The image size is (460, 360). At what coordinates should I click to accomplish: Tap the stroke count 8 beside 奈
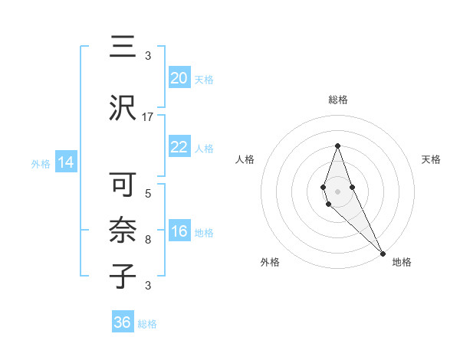pos(148,240)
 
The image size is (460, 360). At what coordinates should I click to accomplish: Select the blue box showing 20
pos(179,78)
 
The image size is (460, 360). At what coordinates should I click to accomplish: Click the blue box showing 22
pos(179,147)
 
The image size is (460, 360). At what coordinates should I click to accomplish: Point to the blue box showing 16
pos(179,231)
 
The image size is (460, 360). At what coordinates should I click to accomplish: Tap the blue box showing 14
pos(65,162)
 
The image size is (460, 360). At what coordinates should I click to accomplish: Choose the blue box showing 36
pos(122,322)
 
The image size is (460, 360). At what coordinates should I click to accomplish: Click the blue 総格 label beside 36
pos(147,324)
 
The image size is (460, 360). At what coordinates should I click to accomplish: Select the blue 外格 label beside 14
pos(40,163)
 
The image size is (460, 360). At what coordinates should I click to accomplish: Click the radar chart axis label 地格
pos(402,262)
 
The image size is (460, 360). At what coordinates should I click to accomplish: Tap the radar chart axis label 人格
pos(245,159)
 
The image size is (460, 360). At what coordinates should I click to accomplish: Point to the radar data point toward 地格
pos(383,253)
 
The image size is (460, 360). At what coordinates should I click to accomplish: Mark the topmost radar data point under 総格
pos(337,146)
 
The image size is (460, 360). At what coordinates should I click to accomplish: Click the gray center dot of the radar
pos(337,191)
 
